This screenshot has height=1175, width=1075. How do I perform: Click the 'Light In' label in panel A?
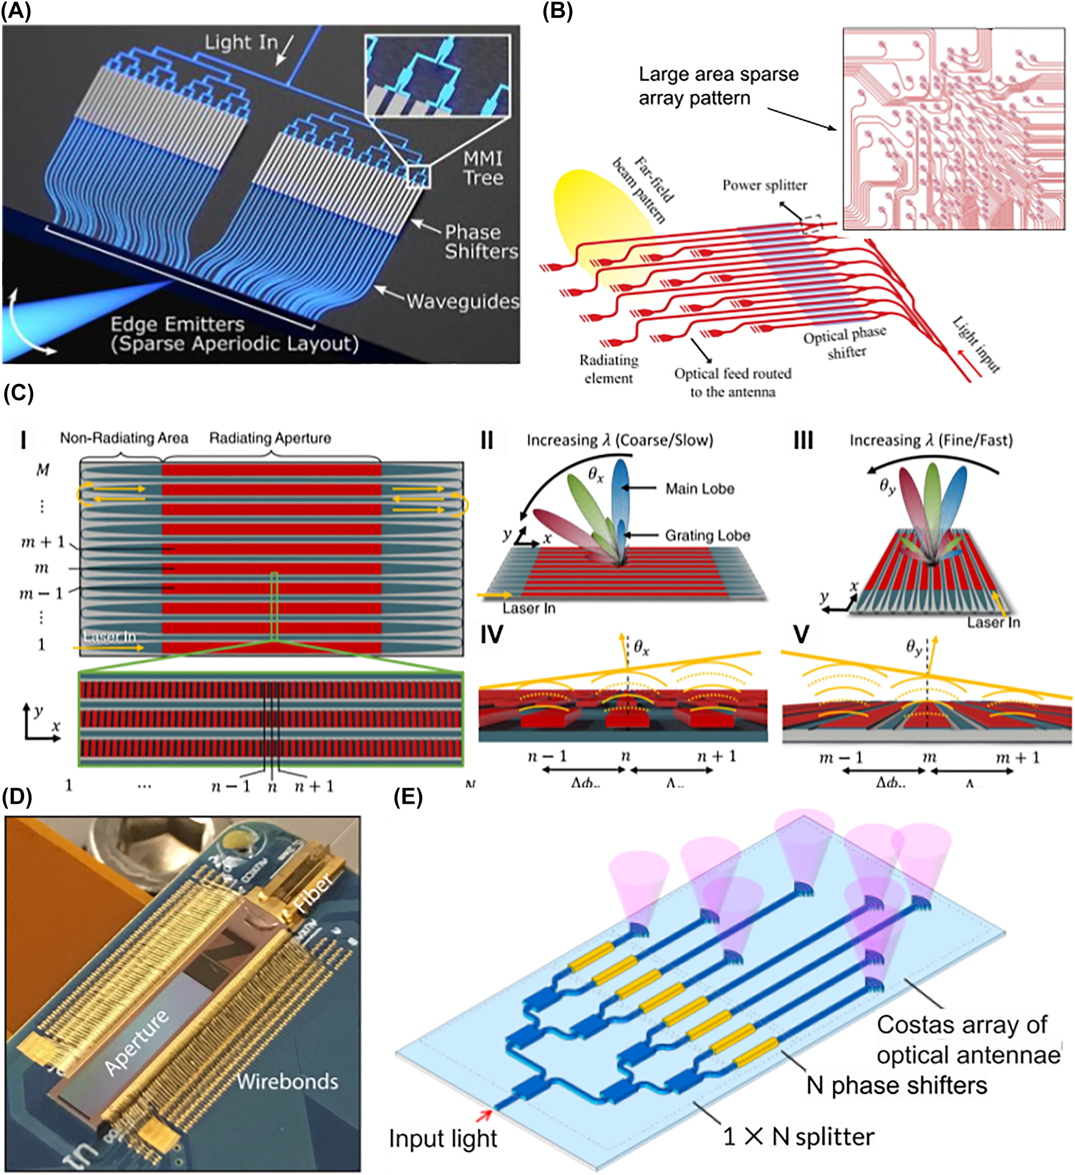(241, 42)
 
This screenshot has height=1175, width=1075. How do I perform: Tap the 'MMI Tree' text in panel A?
(482, 168)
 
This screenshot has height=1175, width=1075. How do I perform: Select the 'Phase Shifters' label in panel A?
(480, 242)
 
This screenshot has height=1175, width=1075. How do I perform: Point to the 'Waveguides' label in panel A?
(462, 301)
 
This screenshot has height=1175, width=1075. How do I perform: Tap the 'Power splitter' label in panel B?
(765, 185)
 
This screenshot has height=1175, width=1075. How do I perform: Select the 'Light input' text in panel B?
(976, 345)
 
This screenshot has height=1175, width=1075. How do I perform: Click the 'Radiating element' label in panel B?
(608, 369)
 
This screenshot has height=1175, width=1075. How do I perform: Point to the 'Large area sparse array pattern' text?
(718, 86)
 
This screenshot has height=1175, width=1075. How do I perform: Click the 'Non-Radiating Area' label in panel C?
(124, 438)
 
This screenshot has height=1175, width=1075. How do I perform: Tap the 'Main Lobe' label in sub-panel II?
(700, 488)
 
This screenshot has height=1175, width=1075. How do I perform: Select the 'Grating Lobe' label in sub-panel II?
(707, 535)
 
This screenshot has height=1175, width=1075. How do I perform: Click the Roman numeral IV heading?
(491, 635)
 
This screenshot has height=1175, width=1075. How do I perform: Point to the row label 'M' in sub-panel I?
(42, 470)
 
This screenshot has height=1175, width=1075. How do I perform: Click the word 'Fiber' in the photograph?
(313, 892)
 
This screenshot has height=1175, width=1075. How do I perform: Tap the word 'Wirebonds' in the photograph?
(287, 1082)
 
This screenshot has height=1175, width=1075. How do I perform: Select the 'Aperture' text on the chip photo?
(137, 1042)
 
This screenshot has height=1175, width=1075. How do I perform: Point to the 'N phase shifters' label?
(896, 1086)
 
